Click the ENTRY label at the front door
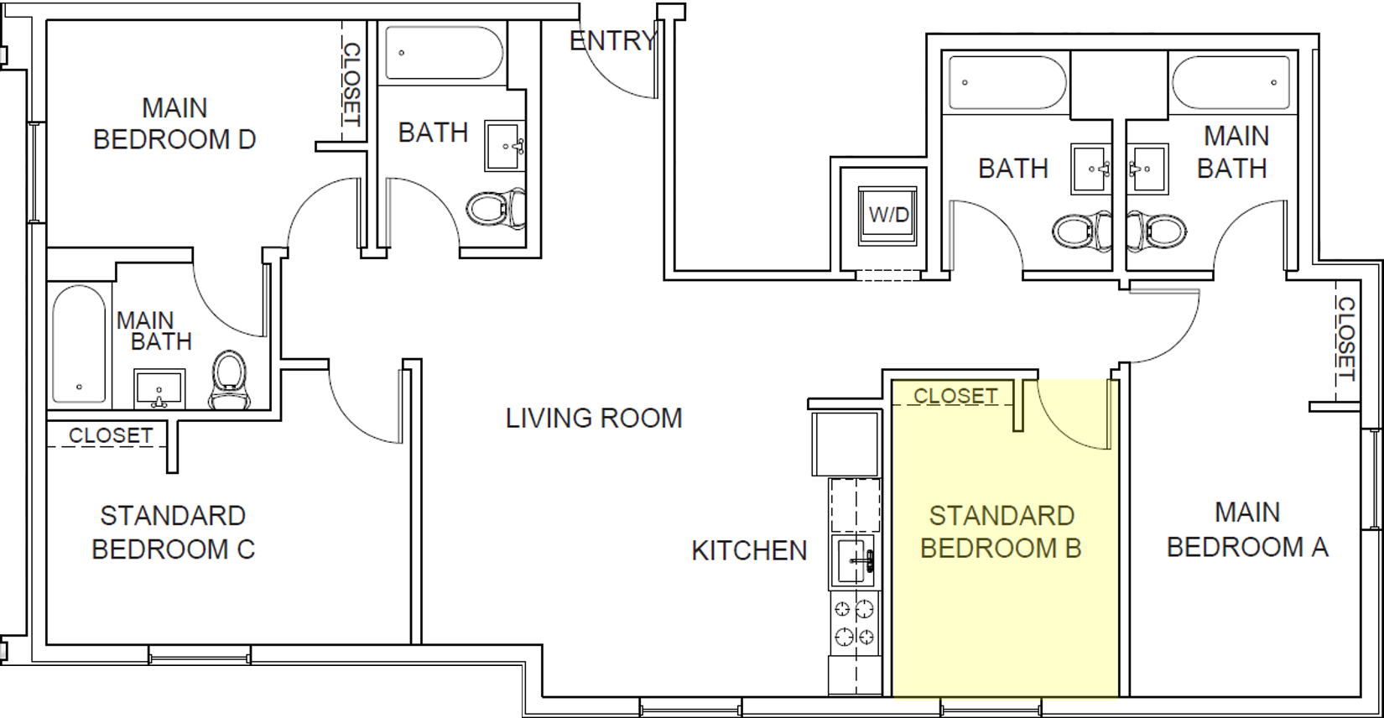612,40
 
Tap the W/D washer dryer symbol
888,215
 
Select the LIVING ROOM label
594,418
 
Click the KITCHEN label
749,550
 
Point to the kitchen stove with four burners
854,623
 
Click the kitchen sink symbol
854,561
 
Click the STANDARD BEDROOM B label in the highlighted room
1002,532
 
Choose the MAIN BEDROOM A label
1247,530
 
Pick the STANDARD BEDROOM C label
173,533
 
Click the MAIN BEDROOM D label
174,123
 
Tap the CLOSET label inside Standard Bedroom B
955,396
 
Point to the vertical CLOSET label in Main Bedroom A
1345,339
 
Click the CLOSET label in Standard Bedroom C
111,435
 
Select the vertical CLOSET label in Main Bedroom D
351,85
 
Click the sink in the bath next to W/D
1092,169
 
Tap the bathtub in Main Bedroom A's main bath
1231,82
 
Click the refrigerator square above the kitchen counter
844,445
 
